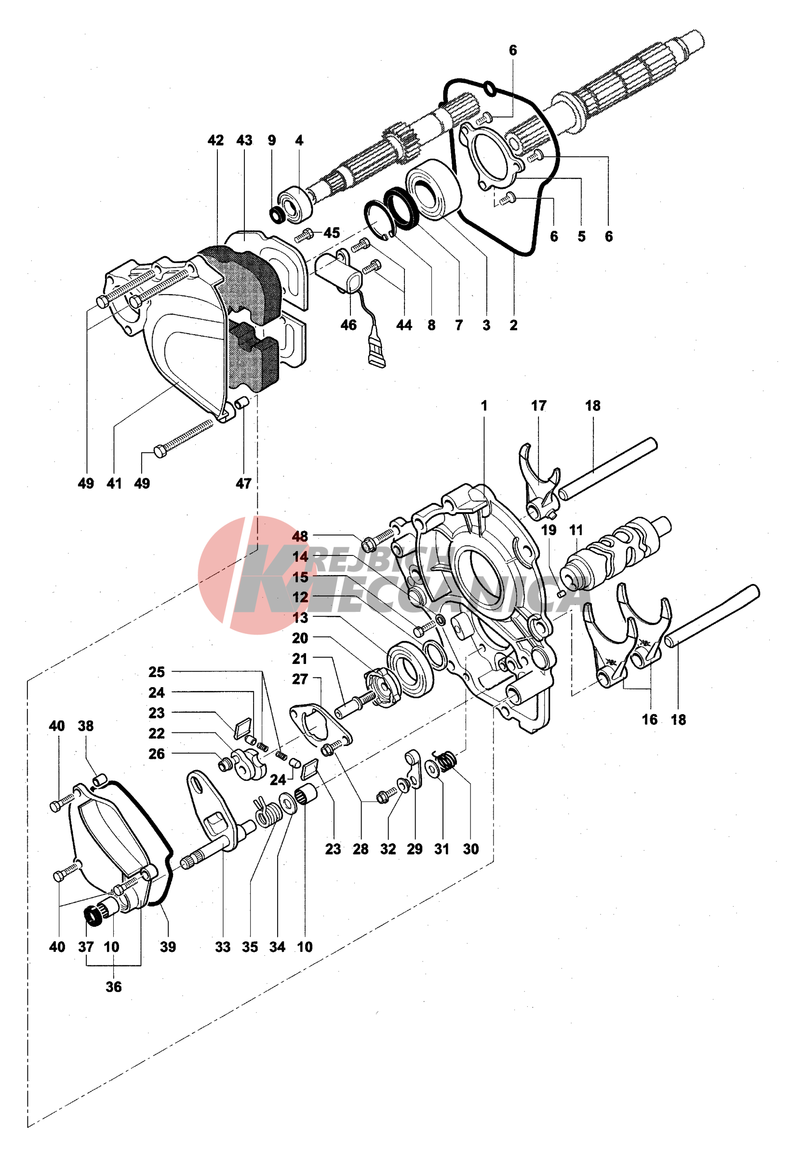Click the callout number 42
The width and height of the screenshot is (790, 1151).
pyautogui.click(x=215, y=141)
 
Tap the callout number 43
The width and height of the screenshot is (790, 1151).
pyautogui.click(x=244, y=141)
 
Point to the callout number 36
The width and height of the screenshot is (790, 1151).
pyautogui.click(x=113, y=987)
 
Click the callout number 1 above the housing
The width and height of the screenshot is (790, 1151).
pyautogui.click(x=484, y=406)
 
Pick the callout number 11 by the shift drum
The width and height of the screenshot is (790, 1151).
pyautogui.click(x=576, y=530)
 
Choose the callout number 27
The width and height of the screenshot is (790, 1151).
pyautogui.click(x=300, y=679)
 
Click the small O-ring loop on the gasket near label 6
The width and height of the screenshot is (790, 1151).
pyautogui.click(x=490, y=89)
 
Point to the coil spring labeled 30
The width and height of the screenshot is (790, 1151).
pyautogui.click(x=446, y=761)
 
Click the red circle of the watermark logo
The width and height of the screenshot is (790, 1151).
pyautogui.click(x=218, y=574)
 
